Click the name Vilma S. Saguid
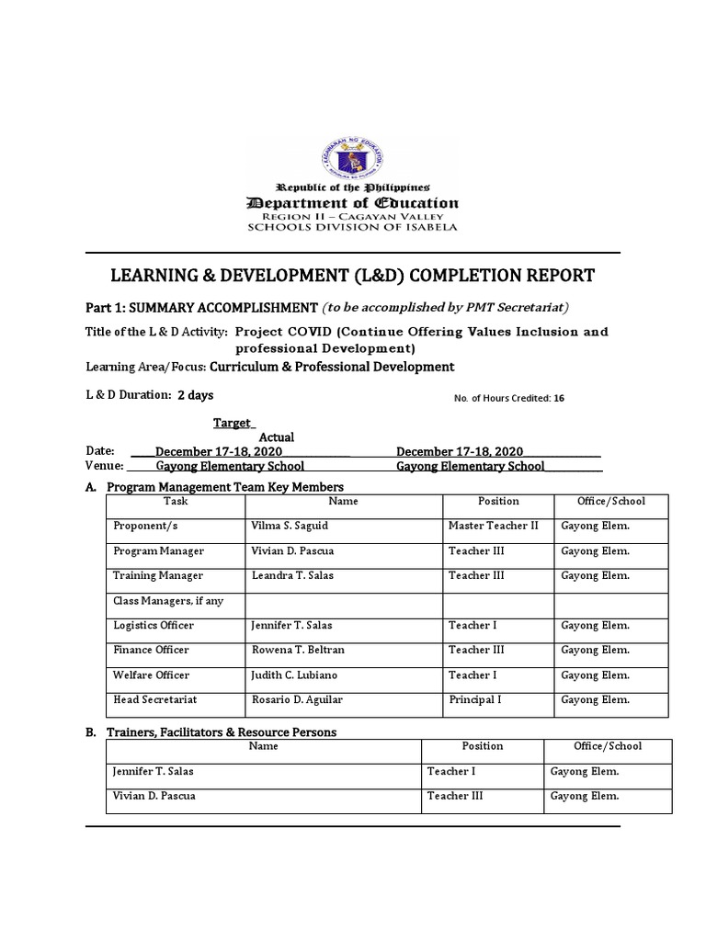[287, 527]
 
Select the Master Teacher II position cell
[494, 527]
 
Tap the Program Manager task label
[158, 551]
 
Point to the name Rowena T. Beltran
[298, 651]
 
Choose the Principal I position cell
[474, 700]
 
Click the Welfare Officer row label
[152, 675]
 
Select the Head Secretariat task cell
[154, 700]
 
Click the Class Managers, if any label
[168, 601]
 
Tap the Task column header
[175, 502]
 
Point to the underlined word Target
[233, 423]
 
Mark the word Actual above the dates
[276, 437]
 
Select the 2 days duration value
[195, 395]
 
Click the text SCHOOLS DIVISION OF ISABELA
[352, 228]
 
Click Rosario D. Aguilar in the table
[297, 700]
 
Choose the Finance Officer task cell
[151, 651]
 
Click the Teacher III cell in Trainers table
[455, 797]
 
